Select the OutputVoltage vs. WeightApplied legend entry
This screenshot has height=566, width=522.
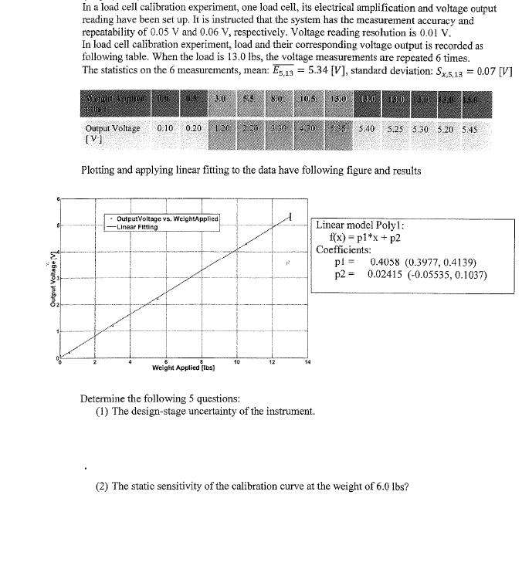(167, 219)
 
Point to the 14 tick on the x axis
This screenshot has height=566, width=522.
(307, 361)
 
